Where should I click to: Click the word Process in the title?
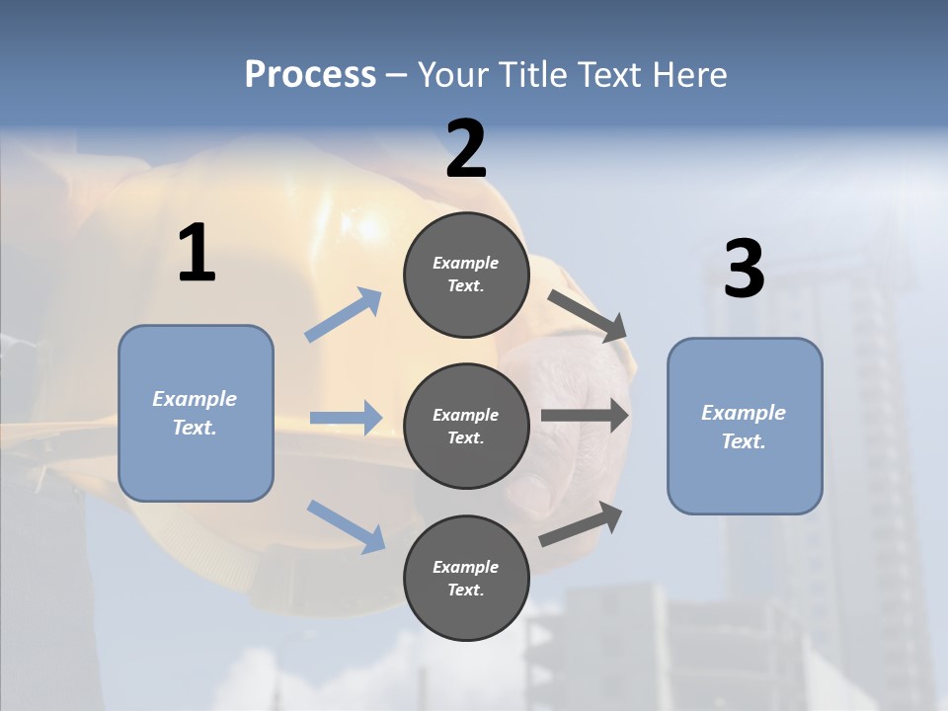[310, 74]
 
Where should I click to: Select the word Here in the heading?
[688, 74]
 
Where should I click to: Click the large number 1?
[197, 254]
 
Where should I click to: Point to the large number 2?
[466, 149]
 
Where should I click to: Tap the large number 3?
[744, 270]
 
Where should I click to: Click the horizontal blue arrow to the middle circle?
[346, 418]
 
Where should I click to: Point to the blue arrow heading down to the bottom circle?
[347, 525]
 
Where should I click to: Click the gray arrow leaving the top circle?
[588, 315]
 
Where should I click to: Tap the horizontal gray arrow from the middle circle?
[585, 415]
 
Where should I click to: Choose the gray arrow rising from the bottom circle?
[582, 523]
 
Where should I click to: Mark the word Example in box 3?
[744, 413]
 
